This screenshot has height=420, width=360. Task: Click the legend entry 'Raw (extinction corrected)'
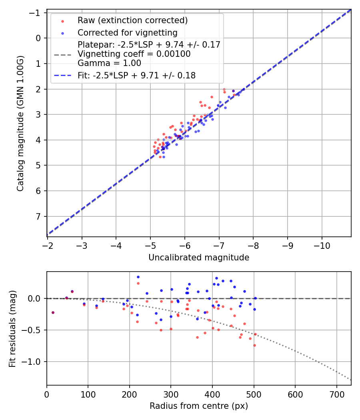(x=132, y=20)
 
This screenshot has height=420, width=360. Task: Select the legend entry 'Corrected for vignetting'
(x=128, y=32)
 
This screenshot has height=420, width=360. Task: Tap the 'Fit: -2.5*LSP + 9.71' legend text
(x=136, y=75)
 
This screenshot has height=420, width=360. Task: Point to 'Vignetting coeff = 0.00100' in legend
(x=134, y=54)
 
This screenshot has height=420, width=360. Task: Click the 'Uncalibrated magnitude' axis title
(x=199, y=258)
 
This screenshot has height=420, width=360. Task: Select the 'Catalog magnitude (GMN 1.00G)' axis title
(x=20, y=123)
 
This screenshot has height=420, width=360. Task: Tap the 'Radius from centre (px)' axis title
(x=199, y=406)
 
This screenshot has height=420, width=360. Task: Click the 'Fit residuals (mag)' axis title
(x=12, y=328)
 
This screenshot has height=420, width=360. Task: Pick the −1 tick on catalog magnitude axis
(x=37, y=13)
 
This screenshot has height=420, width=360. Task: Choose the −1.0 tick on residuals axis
(x=34, y=362)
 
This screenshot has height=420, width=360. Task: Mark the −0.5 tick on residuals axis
(x=34, y=330)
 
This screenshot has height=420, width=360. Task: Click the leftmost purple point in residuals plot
(x=53, y=312)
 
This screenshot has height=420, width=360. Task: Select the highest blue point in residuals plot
(x=138, y=277)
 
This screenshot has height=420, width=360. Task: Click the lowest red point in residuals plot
(x=254, y=345)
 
